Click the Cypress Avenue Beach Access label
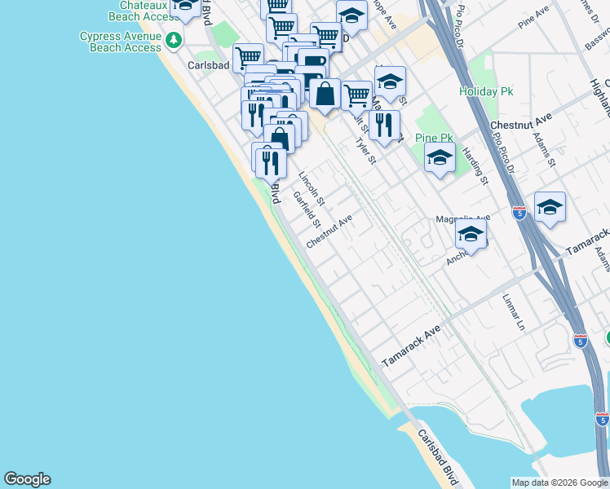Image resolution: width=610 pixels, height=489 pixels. pyautogui.click(x=121, y=42)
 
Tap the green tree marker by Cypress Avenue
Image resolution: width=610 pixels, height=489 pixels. pyautogui.click(x=173, y=40)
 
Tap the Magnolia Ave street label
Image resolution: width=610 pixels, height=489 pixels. pyautogui.click(x=462, y=218)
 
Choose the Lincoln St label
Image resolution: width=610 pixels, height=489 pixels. pyautogui.click(x=312, y=188)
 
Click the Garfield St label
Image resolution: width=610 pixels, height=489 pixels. pyautogui.click(x=307, y=211)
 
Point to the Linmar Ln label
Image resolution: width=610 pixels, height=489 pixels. pyautogui.click(x=514, y=311)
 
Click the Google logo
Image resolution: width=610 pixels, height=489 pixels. pyautogui.click(x=27, y=479)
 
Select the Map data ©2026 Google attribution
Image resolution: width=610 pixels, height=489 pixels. pyautogui.click(x=559, y=482)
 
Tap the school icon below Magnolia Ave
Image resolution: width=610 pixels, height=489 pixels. pyautogui.click(x=471, y=234)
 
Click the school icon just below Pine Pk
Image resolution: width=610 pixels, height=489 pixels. pyautogui.click(x=440, y=158)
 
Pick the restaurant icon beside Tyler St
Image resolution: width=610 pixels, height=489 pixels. pyautogui.click(x=384, y=125)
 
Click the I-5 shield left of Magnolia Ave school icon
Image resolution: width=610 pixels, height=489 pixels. pyautogui.click(x=519, y=213)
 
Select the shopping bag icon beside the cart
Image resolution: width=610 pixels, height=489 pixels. pyautogui.click(x=325, y=93)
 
